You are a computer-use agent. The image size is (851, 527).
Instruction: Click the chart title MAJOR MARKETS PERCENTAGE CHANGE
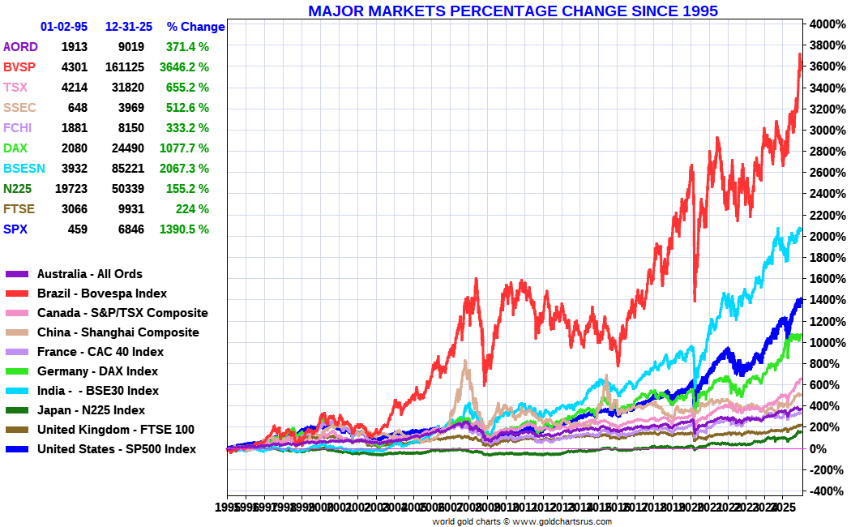(513, 11)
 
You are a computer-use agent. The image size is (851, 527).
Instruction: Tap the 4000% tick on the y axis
(824, 24)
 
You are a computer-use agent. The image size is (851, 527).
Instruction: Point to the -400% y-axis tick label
(823, 491)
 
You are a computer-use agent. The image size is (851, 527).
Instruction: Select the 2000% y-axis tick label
(824, 236)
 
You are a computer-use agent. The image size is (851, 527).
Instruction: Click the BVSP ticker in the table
(20, 66)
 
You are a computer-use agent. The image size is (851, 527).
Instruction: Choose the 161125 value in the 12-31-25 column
(124, 66)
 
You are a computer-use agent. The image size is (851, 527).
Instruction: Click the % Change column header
(195, 27)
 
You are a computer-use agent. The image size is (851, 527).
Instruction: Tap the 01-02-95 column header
(64, 27)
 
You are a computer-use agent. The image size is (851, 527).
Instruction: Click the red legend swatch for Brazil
(18, 293)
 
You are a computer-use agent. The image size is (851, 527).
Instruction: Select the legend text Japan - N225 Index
(92, 410)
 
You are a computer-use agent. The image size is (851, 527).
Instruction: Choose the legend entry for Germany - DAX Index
(97, 371)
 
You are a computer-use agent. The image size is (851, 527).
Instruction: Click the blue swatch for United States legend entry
(18, 449)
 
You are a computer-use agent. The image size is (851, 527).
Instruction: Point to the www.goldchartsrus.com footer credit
(562, 521)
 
